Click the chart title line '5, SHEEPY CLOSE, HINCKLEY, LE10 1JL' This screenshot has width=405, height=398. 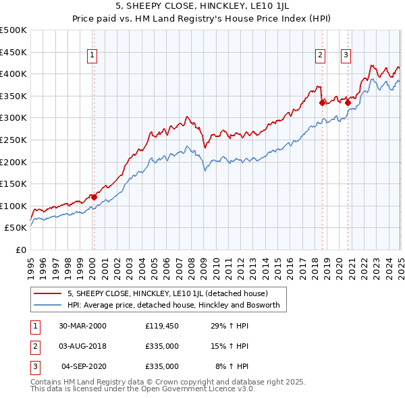tap(202, 7)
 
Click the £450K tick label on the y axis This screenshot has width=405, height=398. tap(13, 52)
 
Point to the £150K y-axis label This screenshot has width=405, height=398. tap(13, 183)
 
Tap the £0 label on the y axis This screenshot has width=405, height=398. tap(20, 250)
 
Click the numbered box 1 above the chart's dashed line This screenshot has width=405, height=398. tap(92, 56)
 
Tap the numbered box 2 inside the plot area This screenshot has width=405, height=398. tap(320, 56)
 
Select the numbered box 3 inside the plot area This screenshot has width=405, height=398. tap(346, 56)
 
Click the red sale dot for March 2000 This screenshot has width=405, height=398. tap(94, 197)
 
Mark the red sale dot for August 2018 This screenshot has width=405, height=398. tap(323, 103)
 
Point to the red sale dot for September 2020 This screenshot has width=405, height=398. tap(348, 103)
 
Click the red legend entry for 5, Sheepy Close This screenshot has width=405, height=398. tap(167, 293)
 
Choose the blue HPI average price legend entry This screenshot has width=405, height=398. tap(177, 305)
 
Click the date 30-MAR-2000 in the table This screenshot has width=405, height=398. tap(82, 326)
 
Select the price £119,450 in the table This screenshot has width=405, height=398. tap(161, 326)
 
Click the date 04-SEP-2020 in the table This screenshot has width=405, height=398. tap(84, 366)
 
